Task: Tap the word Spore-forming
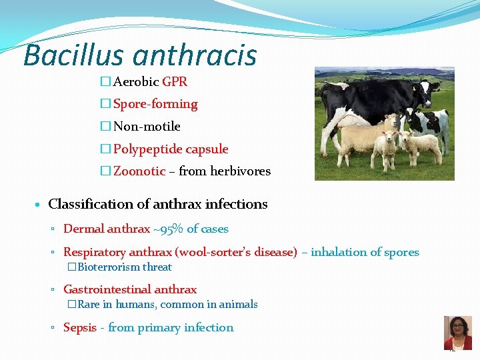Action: coord(155,104)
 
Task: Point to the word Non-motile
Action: coord(147,126)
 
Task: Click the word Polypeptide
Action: coord(145,149)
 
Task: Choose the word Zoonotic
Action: coord(139,171)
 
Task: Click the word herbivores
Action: coord(240,171)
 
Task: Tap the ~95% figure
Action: coord(168,229)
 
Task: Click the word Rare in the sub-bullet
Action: coord(89,304)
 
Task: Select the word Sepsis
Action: coord(79,327)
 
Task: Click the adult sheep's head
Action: coord(393,123)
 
